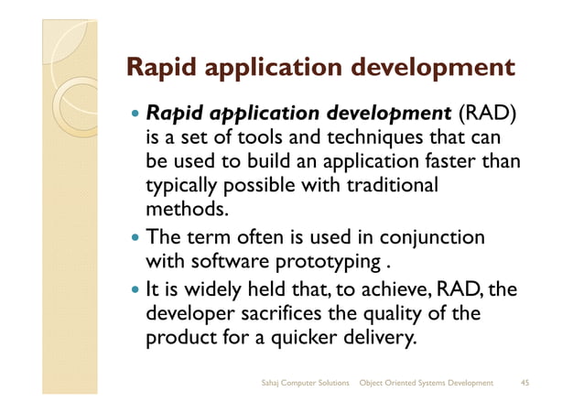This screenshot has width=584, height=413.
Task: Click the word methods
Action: pos(180,210)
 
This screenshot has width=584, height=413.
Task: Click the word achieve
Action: pos(392,291)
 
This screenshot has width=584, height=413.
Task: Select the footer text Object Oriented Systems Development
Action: pos(427,381)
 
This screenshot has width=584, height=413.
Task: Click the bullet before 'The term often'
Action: pos(135,239)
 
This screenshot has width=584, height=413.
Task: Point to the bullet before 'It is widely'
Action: pos(135,292)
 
